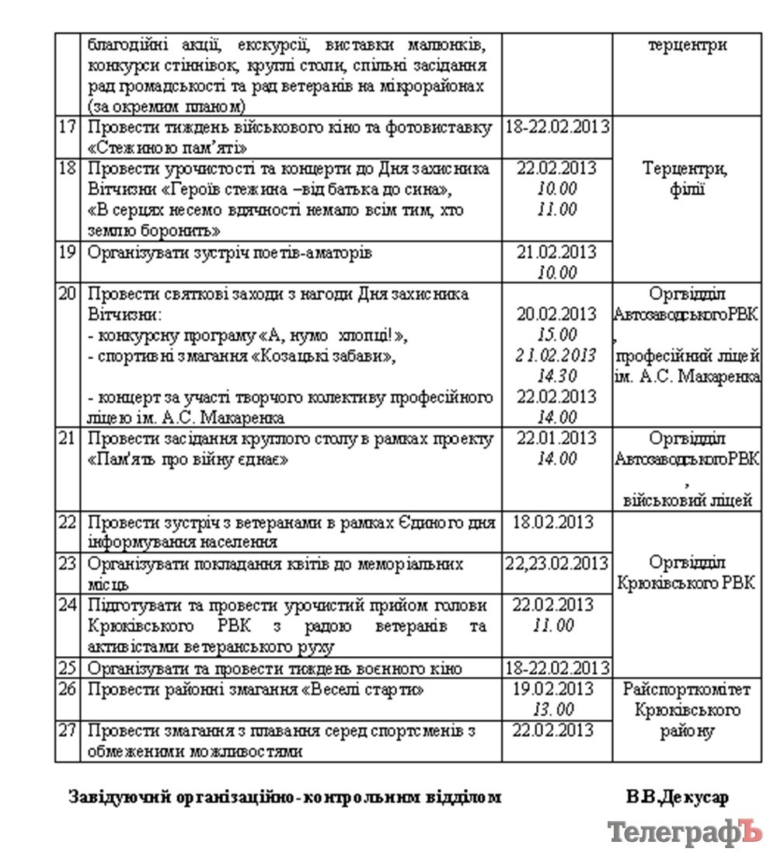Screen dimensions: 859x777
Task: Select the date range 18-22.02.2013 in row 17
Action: point(556,127)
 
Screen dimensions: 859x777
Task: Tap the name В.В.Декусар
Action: point(677,798)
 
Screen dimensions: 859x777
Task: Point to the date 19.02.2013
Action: point(556,689)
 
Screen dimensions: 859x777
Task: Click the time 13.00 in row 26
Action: point(555,709)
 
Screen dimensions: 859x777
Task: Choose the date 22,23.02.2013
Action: point(556,563)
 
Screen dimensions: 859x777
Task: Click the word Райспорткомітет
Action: point(686,689)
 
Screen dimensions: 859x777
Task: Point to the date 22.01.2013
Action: point(556,438)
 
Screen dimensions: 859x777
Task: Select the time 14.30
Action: point(556,375)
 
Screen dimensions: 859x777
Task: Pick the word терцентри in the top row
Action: point(687,44)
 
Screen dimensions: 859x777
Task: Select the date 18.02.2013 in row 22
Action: point(556,522)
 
